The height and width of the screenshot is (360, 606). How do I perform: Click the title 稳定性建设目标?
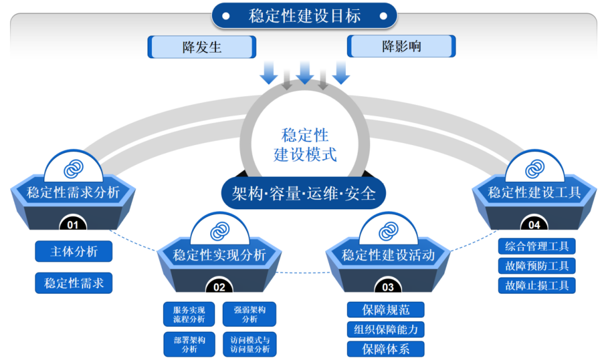(x=304, y=16)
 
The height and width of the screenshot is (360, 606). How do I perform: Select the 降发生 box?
(x=201, y=47)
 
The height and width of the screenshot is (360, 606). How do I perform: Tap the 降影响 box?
(x=401, y=46)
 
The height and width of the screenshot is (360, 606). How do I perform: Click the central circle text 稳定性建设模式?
(x=305, y=144)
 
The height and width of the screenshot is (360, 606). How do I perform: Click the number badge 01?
(x=73, y=224)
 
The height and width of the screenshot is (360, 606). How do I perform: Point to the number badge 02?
(x=219, y=287)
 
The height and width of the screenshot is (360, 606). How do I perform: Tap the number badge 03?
(x=388, y=287)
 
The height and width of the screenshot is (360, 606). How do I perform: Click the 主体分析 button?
(x=74, y=251)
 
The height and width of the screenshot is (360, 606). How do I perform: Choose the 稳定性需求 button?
(x=74, y=283)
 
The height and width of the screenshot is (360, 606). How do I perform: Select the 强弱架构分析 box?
(x=249, y=314)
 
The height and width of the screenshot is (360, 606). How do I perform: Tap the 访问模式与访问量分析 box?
(x=249, y=344)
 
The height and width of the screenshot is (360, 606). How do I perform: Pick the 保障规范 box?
(x=385, y=309)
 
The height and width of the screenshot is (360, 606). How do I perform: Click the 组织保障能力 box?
(x=385, y=329)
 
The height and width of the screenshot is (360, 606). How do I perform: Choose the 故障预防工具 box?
(x=537, y=266)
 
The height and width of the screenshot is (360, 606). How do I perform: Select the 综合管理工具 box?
(x=537, y=246)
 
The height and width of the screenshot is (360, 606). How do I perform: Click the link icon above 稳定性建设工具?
(x=534, y=169)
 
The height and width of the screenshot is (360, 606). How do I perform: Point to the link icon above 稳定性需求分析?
(x=73, y=169)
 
